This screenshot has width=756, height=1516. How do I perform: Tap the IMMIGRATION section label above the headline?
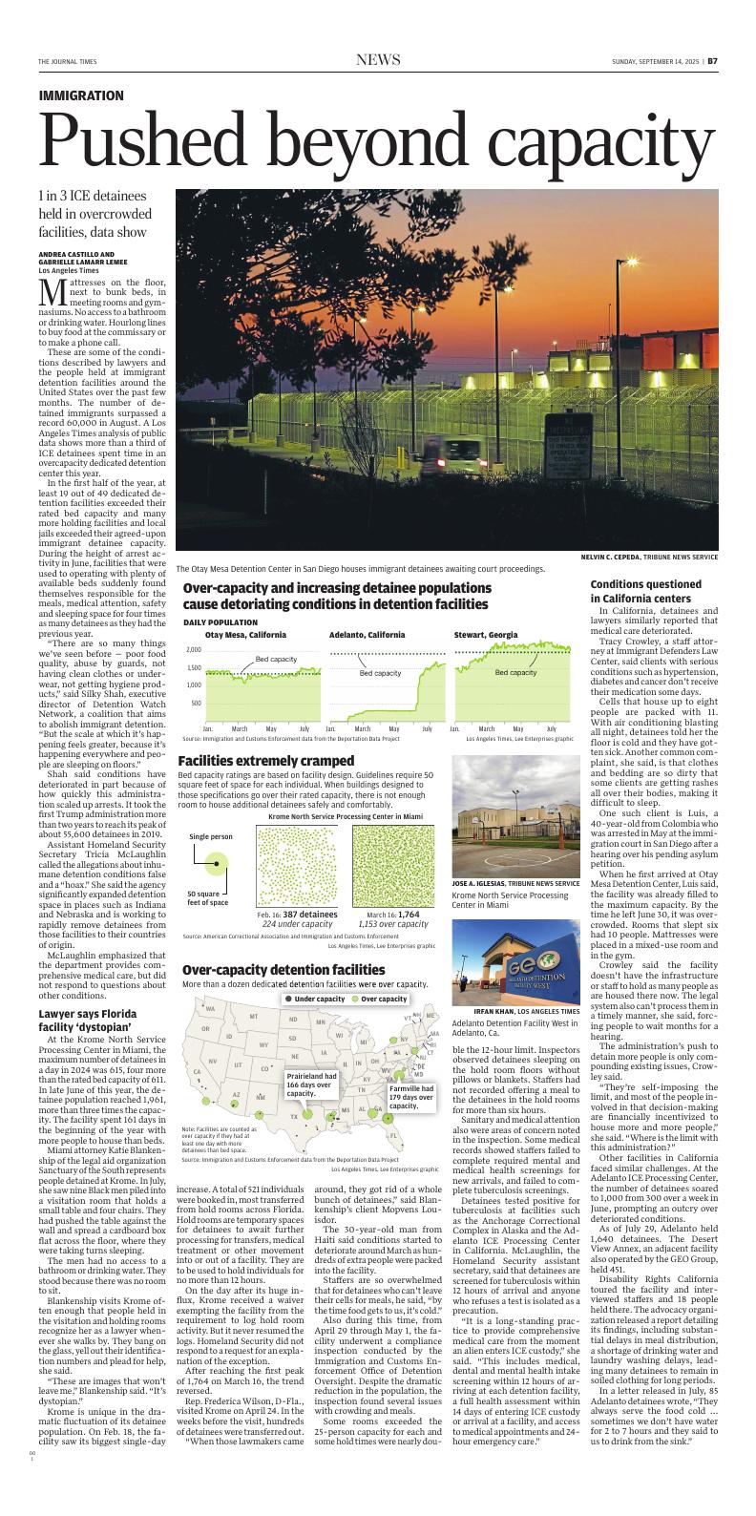[x=81, y=96]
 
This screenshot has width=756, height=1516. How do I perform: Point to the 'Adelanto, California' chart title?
[x=367, y=635]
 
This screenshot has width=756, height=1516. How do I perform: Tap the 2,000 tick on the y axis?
[x=195, y=649]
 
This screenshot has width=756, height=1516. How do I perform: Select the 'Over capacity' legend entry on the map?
[x=379, y=999]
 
